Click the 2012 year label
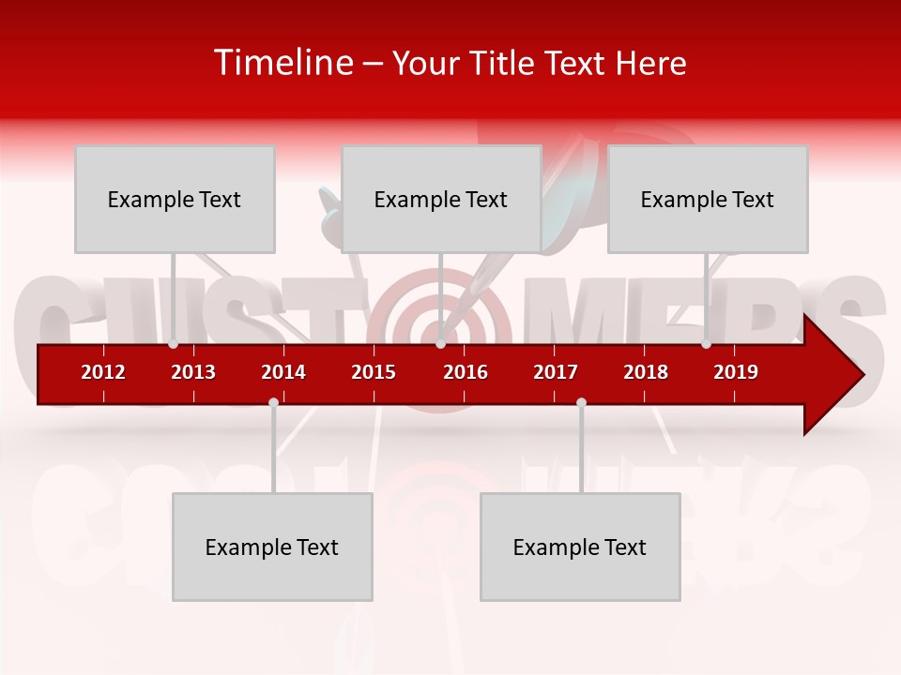click(x=103, y=372)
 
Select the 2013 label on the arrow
click(x=193, y=372)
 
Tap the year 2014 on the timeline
click(x=283, y=372)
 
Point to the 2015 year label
click(x=374, y=372)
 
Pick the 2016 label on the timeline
click(x=466, y=372)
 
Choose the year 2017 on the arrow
click(x=556, y=372)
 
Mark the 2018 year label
click(x=646, y=372)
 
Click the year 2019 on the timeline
click(x=736, y=372)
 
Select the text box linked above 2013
click(x=175, y=199)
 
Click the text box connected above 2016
click(x=441, y=199)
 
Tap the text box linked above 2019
click(x=708, y=199)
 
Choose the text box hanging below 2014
click(x=272, y=547)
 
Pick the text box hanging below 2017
click(x=580, y=547)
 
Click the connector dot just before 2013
click(x=174, y=344)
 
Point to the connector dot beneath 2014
click(x=273, y=402)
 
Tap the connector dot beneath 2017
click(x=581, y=402)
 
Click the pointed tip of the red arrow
click(x=862, y=375)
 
